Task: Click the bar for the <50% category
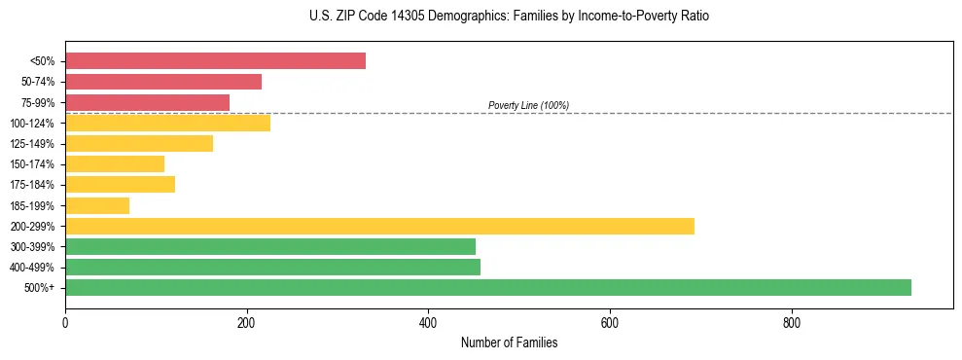(215, 60)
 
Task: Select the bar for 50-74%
(163, 82)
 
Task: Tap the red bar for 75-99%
(147, 102)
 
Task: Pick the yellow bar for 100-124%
(167, 123)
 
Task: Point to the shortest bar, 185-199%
(97, 205)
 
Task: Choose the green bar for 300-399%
(270, 246)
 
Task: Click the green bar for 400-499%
(272, 267)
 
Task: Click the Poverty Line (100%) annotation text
(528, 105)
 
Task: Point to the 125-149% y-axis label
(32, 144)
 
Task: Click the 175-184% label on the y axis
(32, 185)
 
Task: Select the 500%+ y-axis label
(39, 288)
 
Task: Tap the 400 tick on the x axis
(428, 322)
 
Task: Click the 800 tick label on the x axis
(792, 322)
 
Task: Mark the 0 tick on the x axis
(65, 322)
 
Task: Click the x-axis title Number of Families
(509, 342)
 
